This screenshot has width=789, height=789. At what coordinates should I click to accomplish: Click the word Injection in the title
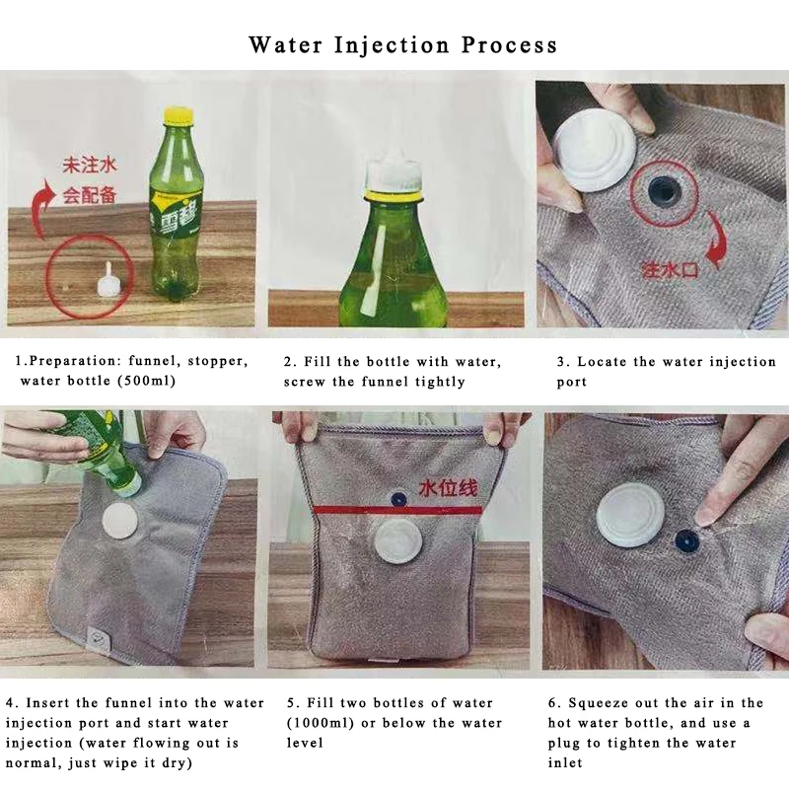[392, 45]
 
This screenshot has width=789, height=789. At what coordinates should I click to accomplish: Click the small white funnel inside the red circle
[108, 279]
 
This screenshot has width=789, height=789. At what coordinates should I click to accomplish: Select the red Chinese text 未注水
[89, 166]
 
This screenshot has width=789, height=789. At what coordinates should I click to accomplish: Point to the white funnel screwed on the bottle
[393, 175]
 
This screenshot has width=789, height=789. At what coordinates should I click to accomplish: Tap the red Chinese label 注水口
[670, 270]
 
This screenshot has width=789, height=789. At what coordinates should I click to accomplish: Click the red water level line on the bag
[397, 510]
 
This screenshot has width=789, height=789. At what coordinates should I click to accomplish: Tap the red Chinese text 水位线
[447, 488]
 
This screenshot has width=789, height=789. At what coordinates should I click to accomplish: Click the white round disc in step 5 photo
[396, 543]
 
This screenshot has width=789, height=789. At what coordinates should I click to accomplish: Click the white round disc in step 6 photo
[631, 518]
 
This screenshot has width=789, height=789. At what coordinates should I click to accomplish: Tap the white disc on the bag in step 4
[120, 521]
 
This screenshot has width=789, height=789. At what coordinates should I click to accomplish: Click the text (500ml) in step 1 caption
[146, 381]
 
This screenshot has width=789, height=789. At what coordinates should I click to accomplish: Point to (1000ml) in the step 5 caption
[320, 723]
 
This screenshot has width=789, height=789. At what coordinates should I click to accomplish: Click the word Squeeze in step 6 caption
[599, 703]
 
